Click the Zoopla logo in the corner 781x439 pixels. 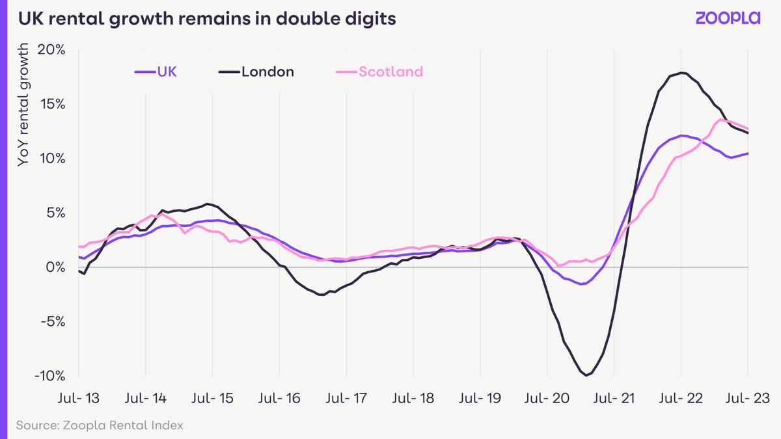(x=728, y=18)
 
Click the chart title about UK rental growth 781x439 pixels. (x=207, y=19)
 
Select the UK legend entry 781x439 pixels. (x=155, y=72)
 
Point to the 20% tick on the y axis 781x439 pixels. (x=51, y=50)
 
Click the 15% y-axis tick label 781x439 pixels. (x=51, y=104)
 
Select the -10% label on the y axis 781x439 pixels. (x=49, y=376)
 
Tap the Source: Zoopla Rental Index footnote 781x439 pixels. (x=100, y=425)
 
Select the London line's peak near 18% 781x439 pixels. (x=681, y=73)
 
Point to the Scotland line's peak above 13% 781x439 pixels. (x=721, y=120)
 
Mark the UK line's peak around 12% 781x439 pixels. (x=681, y=135)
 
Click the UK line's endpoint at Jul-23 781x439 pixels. (x=747, y=153)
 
